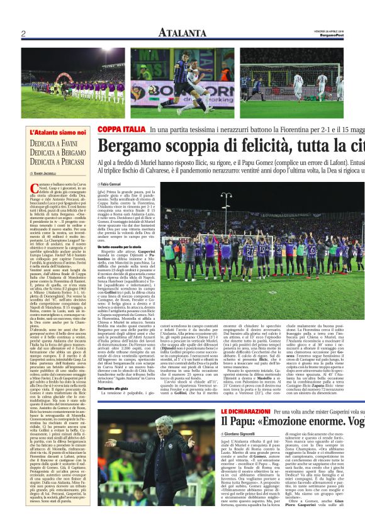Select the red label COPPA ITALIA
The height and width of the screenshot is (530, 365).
pyautogui.click(x=121, y=130)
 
